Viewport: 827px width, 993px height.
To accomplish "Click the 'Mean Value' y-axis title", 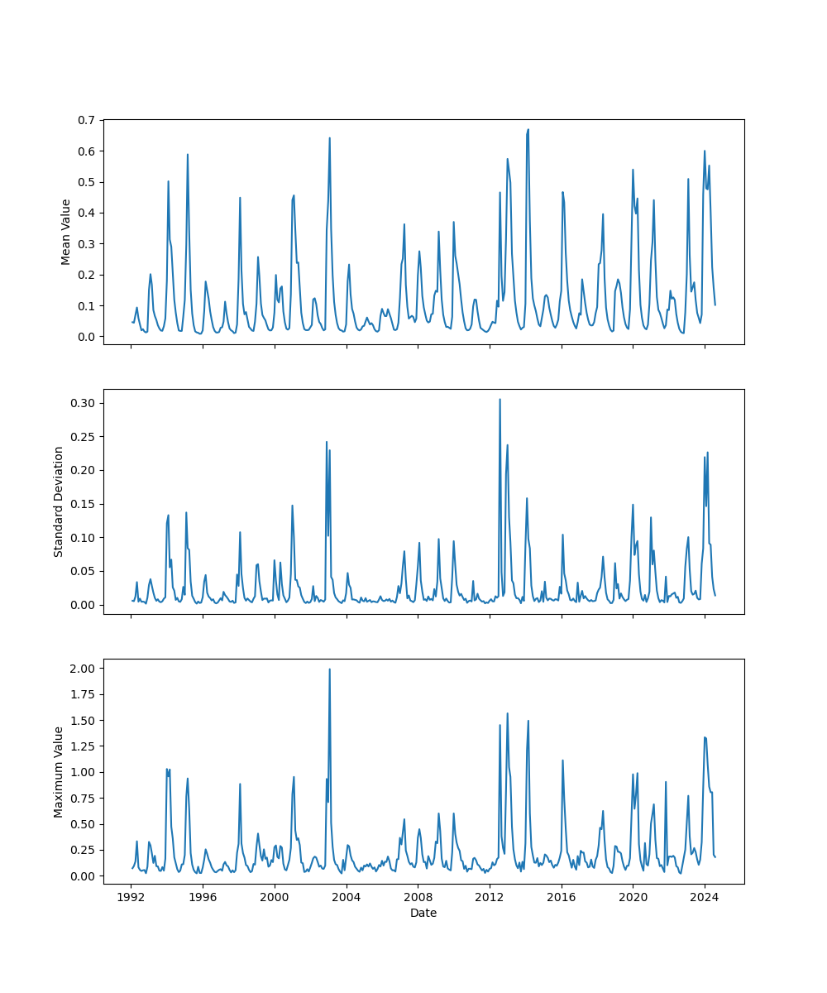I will coord(65,232).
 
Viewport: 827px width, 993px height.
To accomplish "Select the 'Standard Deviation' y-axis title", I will coord(59,501).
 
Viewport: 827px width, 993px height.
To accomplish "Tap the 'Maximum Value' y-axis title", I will coord(59,772).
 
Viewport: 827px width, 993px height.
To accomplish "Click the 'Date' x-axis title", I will coord(423,913).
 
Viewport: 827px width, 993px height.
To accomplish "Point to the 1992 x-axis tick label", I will coord(131,897).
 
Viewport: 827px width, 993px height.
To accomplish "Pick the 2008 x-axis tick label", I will coord(418,897).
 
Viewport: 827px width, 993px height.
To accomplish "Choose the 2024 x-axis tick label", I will coord(705,897).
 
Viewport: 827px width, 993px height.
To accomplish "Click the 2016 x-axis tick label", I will coord(562,897).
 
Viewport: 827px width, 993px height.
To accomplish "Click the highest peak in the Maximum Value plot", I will coord(330,669).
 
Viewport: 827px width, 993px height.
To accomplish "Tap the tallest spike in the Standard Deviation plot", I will coord(500,399).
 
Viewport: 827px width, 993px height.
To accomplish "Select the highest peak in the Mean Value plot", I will coord(528,129).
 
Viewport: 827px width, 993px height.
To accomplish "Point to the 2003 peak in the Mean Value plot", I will coord(330,138).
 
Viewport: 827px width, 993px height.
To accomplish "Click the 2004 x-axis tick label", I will coord(346,897).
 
